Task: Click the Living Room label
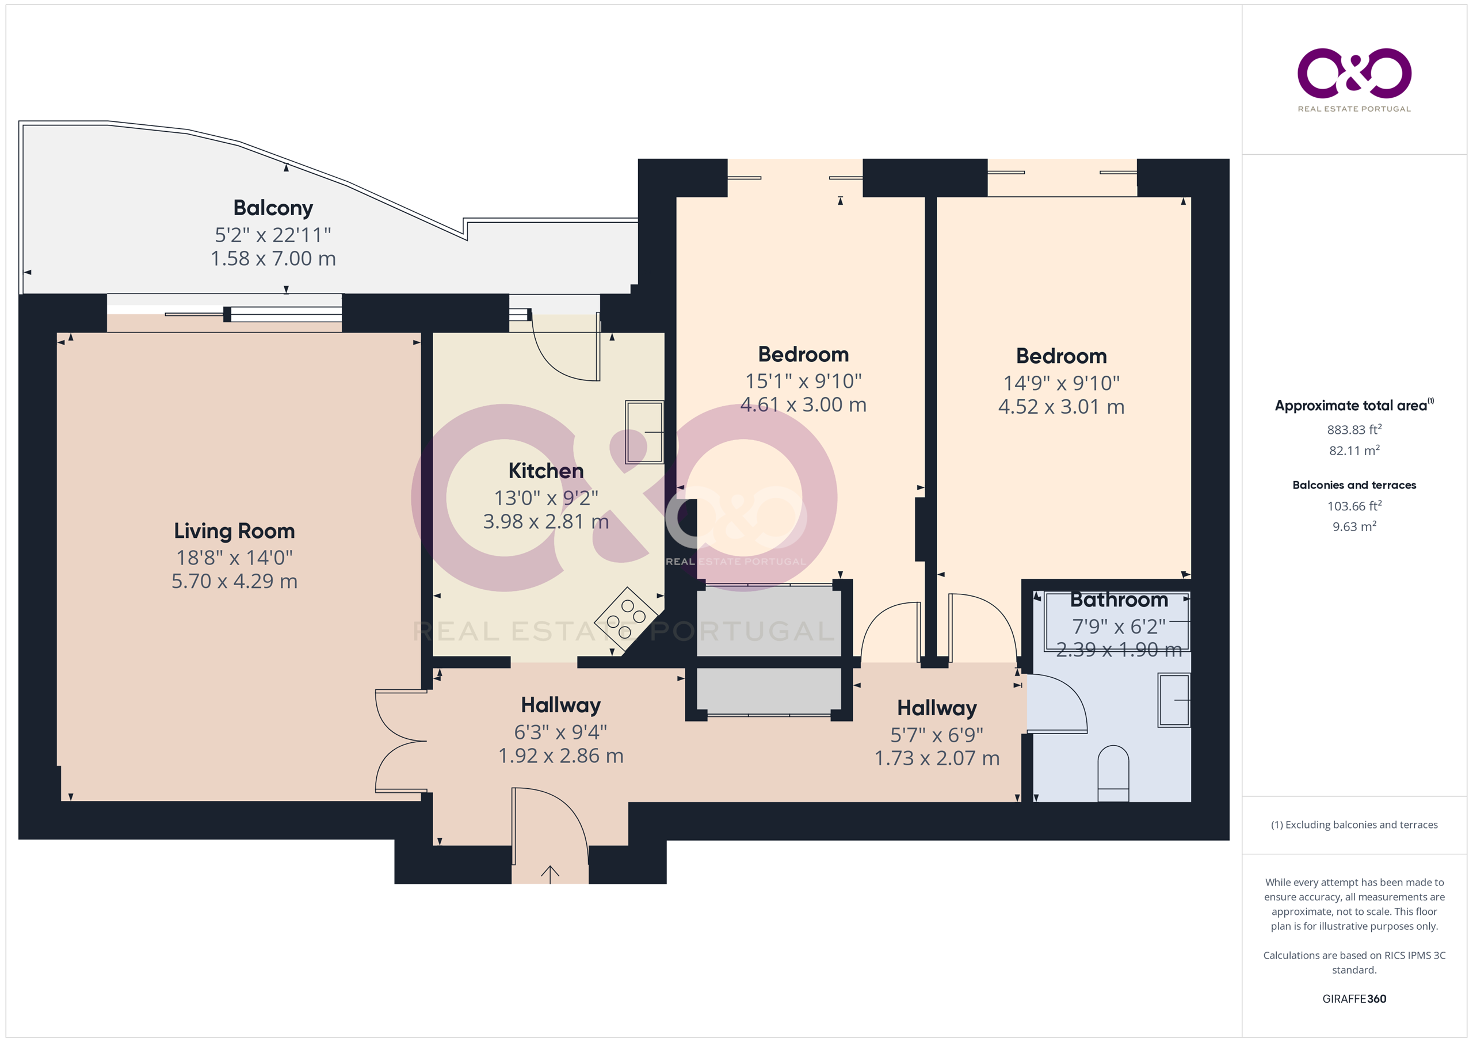pyautogui.click(x=234, y=530)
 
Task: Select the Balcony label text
pyautogui.click(x=273, y=208)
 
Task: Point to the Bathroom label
pyautogui.click(x=1119, y=600)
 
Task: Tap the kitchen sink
pyautogui.click(x=644, y=432)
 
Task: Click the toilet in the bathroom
pyautogui.click(x=1113, y=773)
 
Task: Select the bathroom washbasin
pyautogui.click(x=1174, y=700)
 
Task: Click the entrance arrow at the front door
pyautogui.click(x=550, y=874)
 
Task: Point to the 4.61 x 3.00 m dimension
pyautogui.click(x=803, y=404)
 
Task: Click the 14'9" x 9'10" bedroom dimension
pyautogui.click(x=1061, y=383)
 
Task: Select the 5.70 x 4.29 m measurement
pyautogui.click(x=234, y=581)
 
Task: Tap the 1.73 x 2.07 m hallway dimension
pyautogui.click(x=937, y=758)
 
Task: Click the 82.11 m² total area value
pyautogui.click(x=1354, y=450)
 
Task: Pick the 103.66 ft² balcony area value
pyautogui.click(x=1354, y=506)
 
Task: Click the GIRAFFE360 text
pyautogui.click(x=1354, y=998)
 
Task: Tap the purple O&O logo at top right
pyautogui.click(x=1354, y=72)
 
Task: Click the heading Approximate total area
pyautogui.click(x=1350, y=406)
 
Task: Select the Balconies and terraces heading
pyautogui.click(x=1354, y=485)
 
